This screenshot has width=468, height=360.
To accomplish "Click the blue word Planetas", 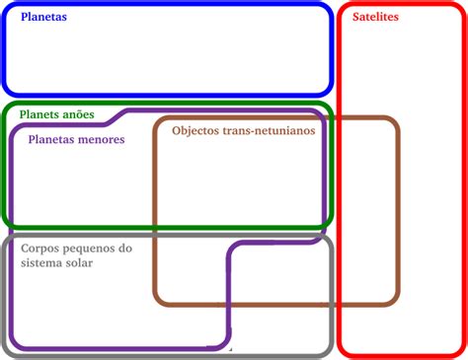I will (43, 18).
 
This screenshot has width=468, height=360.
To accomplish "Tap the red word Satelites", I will (375, 18).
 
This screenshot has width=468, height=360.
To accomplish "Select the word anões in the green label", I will (77, 114).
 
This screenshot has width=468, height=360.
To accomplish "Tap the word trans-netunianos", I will (273, 130).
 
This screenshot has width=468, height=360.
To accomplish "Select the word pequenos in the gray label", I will (92, 249).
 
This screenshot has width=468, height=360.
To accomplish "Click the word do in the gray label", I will (125, 249).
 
